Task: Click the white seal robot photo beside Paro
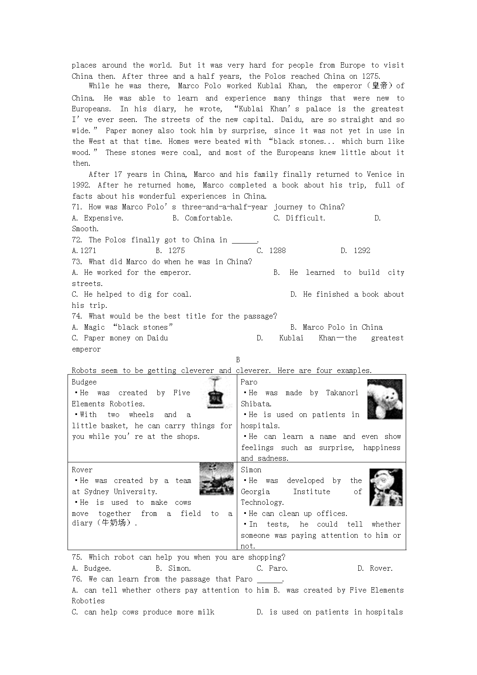pos(384,399)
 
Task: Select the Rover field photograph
pos(216,478)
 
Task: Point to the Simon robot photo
pos(386,487)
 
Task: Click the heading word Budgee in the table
pos(84,382)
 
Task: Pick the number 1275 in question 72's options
pos(176,251)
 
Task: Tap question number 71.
pos(77,207)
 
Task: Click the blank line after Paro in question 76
pos(270,580)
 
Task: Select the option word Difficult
pos(305,218)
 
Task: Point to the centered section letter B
pos(238,360)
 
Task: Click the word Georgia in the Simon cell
pos(255,492)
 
